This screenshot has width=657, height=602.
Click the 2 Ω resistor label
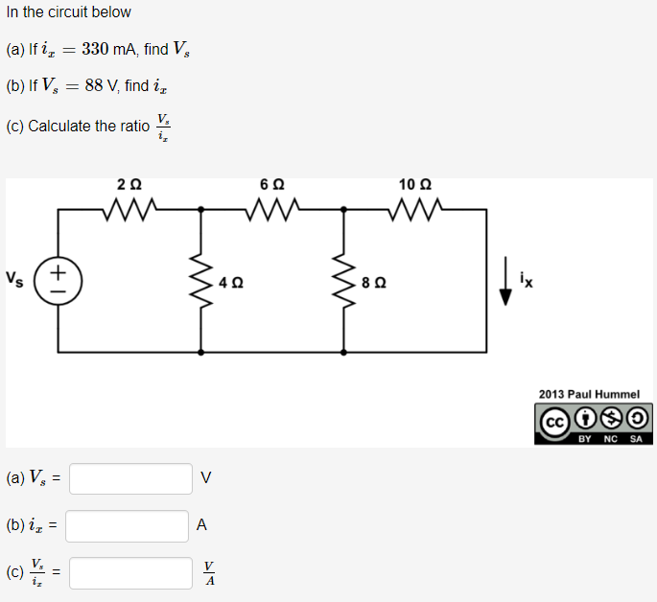129,184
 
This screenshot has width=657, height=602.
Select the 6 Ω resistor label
271,184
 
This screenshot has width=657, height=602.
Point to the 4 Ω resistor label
231,283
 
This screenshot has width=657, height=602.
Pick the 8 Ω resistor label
374,283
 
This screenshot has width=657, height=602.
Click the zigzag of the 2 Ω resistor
129,208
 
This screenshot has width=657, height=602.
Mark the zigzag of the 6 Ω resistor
271,208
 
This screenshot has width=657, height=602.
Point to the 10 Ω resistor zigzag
414,208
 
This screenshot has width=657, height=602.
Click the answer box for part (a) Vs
130,478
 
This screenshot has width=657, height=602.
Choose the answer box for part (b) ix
127,525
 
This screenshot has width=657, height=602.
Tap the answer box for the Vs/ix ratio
130,573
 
